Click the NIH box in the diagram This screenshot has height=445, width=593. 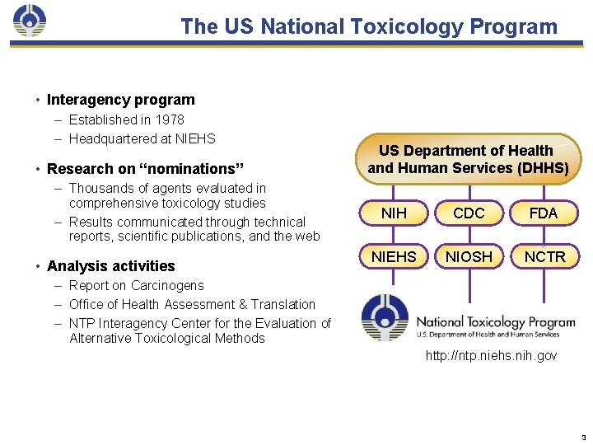click(394, 213)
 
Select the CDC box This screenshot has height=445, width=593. click(469, 213)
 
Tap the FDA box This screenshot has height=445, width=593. click(544, 213)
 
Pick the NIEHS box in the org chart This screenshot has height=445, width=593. click(394, 257)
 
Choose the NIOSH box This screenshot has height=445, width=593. click(469, 257)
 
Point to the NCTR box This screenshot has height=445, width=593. click(544, 257)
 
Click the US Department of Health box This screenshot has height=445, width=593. click(468, 159)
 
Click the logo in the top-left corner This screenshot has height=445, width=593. click(30, 22)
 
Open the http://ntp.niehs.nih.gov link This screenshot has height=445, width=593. click(491, 356)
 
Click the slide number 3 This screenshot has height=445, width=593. click(583, 436)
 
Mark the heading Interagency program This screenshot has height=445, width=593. click(121, 100)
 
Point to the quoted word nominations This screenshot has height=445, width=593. click(191, 169)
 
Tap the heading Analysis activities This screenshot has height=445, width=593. click(111, 266)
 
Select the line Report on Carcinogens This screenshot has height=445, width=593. click(136, 286)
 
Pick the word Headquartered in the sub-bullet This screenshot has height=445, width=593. click(110, 138)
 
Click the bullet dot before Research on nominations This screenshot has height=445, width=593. click(38, 169)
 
